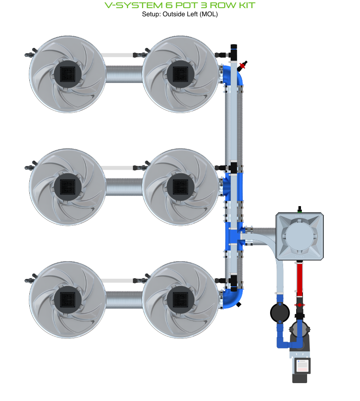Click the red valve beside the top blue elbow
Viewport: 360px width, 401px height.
[x=244, y=65]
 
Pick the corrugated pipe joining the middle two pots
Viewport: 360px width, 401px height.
[x=124, y=187]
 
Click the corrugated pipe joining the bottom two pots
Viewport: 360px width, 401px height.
[x=124, y=300]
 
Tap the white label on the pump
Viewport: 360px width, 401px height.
[x=302, y=366]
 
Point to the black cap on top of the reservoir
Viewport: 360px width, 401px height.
[x=299, y=209]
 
